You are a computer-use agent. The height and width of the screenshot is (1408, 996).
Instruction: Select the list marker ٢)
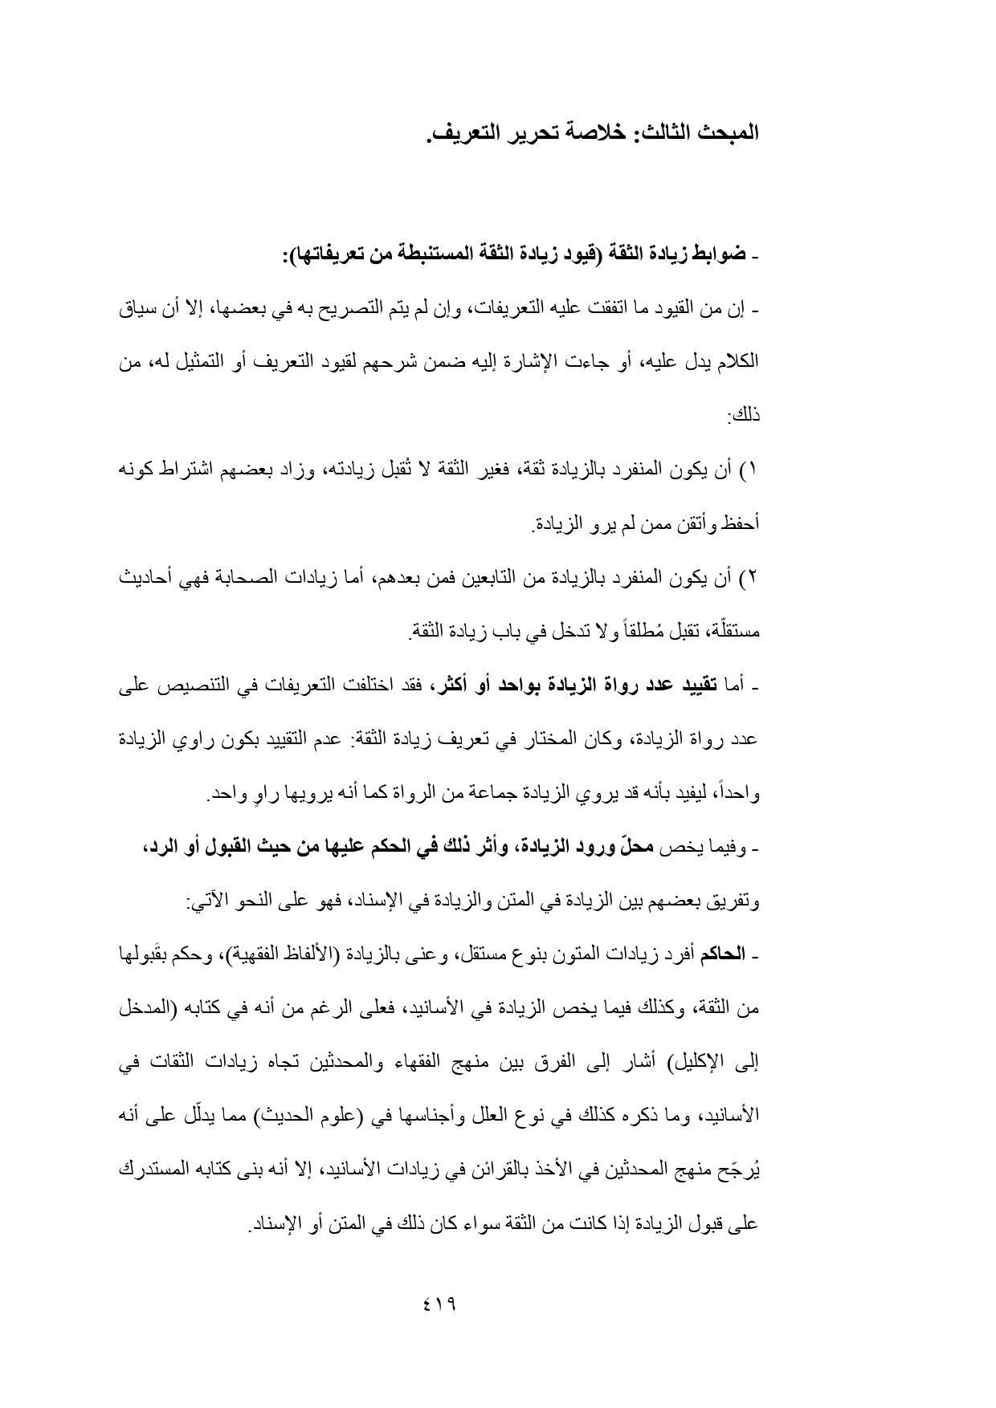pos(749,578)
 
